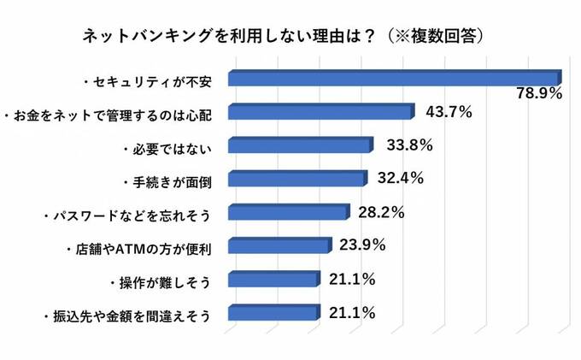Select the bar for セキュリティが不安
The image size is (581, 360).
click(393, 79)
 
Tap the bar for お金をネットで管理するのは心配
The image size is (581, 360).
click(320, 112)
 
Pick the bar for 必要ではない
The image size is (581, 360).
click(300, 145)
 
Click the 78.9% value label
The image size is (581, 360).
click(539, 94)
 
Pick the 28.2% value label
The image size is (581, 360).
click(380, 212)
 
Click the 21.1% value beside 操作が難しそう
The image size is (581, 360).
click(352, 279)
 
